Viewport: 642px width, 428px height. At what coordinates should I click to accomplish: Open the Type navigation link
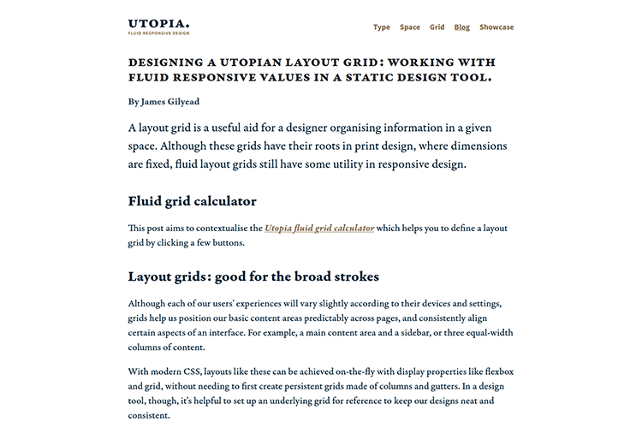pos(381,27)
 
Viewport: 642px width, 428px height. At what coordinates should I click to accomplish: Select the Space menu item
pos(410,27)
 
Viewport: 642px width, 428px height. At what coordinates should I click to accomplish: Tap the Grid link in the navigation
pos(437,27)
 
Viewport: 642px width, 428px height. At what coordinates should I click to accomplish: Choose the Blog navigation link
pos(462,27)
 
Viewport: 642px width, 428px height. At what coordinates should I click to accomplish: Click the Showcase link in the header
pos(496,27)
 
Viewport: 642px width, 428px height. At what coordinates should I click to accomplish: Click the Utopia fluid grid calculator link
pos(319,229)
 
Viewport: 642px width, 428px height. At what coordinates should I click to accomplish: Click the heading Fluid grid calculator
pos(192,201)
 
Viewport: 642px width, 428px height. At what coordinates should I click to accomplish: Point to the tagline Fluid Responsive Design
pos(158,33)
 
